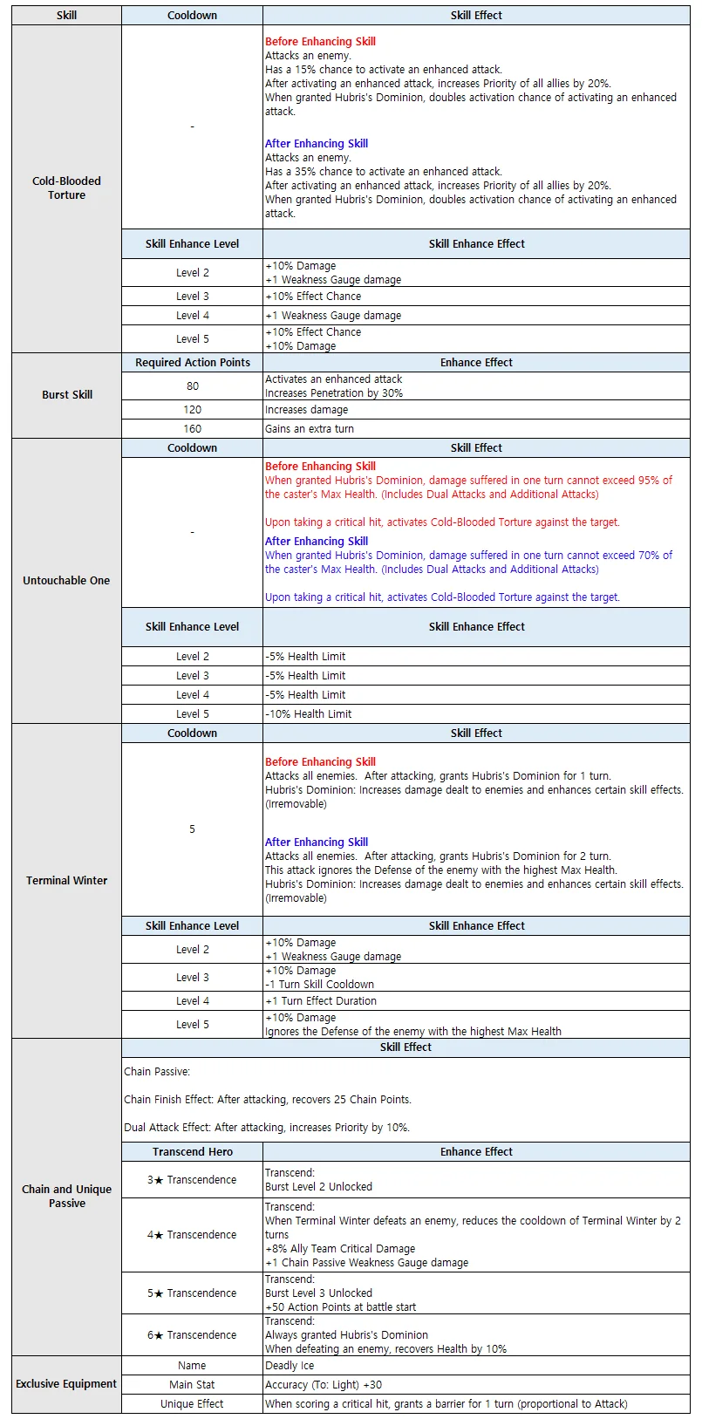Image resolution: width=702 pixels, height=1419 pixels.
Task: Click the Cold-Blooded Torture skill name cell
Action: [66, 188]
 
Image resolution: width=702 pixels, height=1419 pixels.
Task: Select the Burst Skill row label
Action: [66, 394]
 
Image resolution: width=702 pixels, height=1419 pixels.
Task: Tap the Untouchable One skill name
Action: [66, 580]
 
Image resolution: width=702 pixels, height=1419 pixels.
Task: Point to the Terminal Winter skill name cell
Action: [66, 880]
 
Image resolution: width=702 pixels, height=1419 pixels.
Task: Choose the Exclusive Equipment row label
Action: [66, 1383]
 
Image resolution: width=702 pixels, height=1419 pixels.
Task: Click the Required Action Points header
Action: [192, 362]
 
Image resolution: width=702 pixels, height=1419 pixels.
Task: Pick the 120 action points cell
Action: [192, 409]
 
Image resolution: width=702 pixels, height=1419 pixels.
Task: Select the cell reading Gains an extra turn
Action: [310, 428]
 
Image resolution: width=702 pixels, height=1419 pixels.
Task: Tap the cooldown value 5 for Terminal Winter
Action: [192, 829]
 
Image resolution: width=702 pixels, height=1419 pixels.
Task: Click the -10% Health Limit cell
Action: [309, 713]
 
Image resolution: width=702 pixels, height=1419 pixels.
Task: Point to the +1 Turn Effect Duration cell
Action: [321, 1000]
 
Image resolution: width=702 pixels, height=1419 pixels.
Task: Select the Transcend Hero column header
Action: [192, 1151]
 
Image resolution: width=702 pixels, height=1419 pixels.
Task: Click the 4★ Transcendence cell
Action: [192, 1234]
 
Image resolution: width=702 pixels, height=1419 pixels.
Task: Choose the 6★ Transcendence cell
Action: [192, 1334]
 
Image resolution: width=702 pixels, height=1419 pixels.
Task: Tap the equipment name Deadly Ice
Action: [290, 1365]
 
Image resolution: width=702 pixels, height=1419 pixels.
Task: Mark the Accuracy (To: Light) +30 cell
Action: [324, 1384]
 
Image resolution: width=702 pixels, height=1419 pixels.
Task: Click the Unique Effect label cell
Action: [192, 1403]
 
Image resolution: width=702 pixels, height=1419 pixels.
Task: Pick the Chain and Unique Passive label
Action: [66, 1196]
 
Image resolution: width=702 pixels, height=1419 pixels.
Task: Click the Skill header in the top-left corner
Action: [66, 15]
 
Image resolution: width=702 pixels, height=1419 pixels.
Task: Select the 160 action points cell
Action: [192, 428]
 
